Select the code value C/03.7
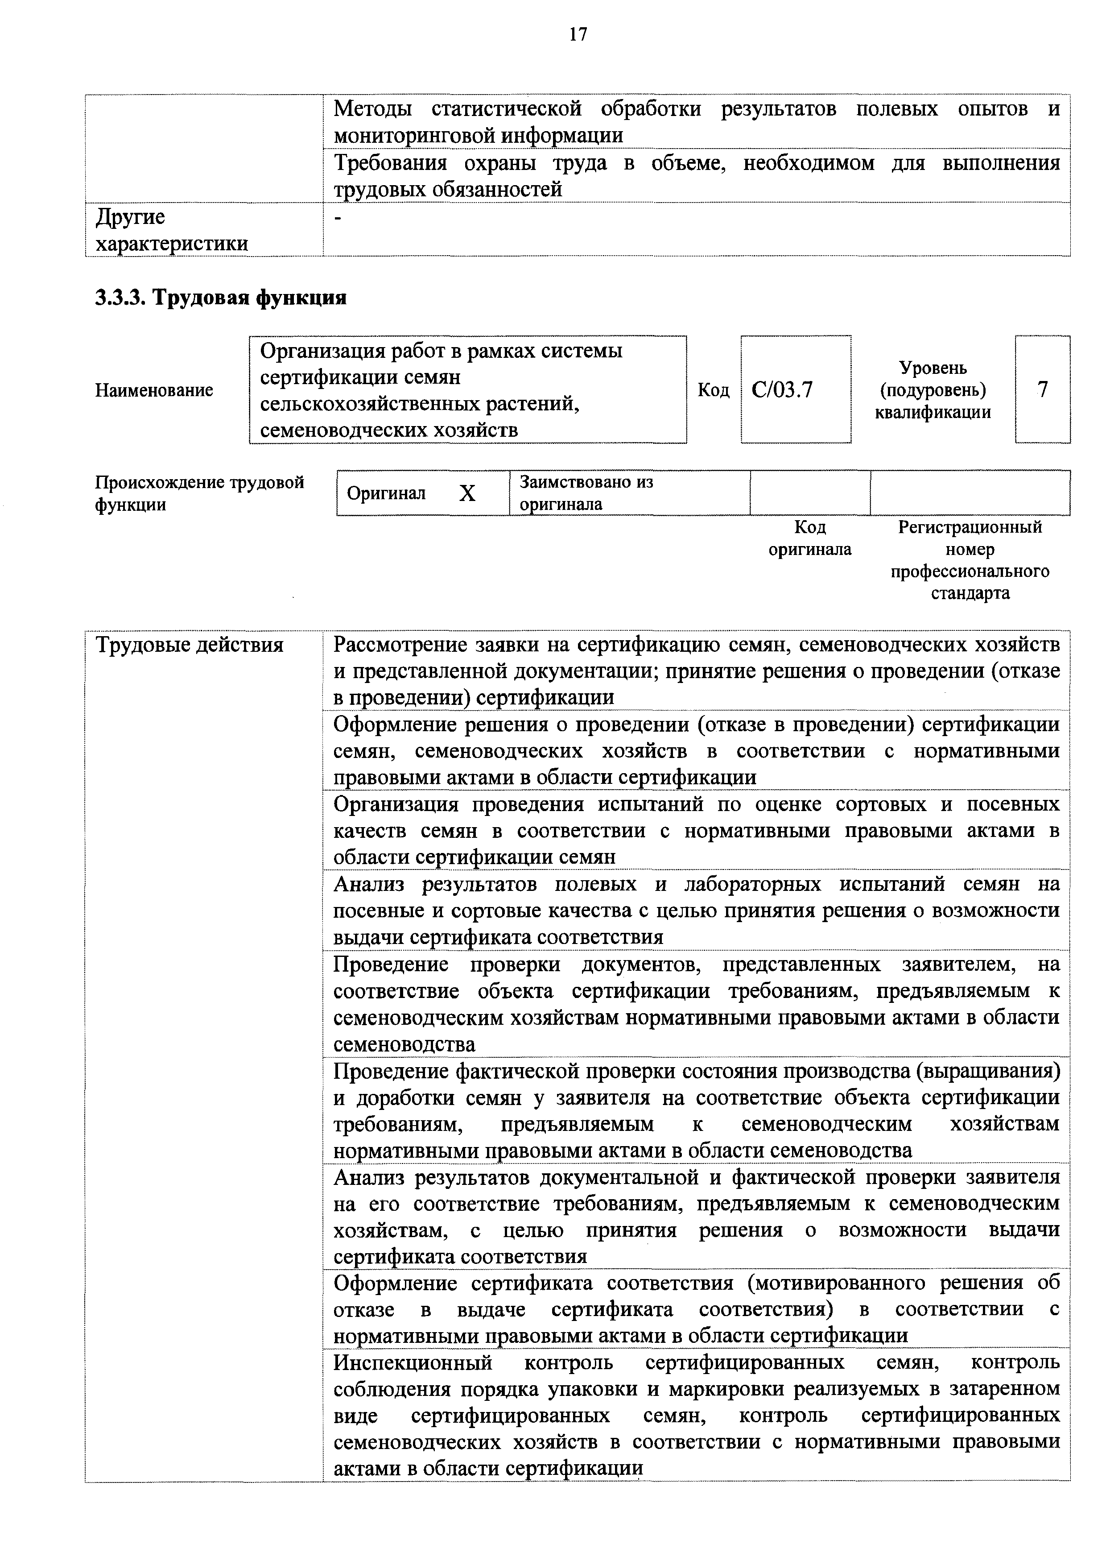[782, 390]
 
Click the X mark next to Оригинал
[467, 493]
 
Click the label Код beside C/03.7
[714, 390]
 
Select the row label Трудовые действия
[190, 645]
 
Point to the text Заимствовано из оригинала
[586, 493]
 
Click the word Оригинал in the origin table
[386, 493]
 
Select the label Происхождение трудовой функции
[199, 493]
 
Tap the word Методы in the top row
[373, 109]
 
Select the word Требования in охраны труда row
[390, 164]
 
